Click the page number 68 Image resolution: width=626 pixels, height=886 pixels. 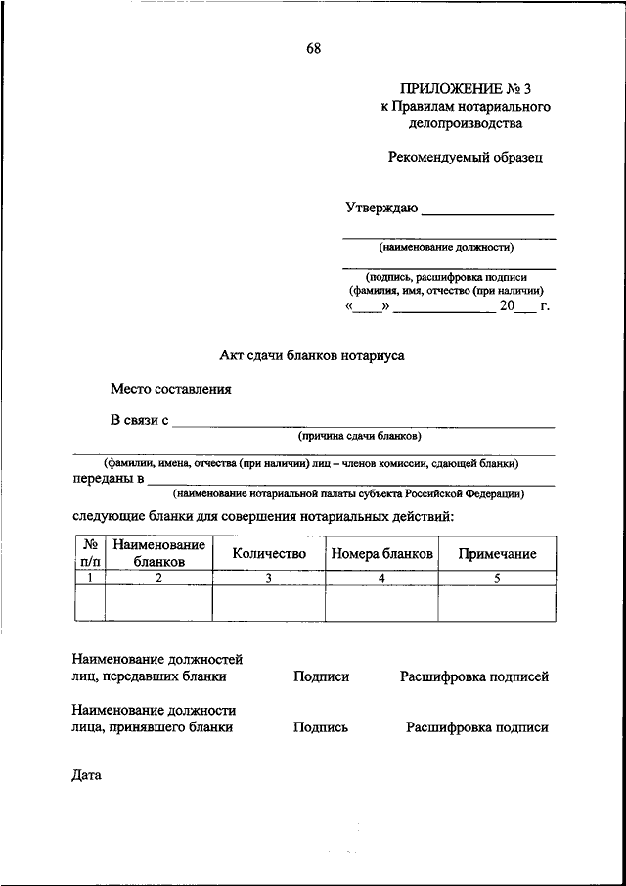(x=313, y=47)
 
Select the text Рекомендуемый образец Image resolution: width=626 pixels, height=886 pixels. (x=465, y=156)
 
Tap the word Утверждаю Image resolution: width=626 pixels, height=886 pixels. (x=381, y=209)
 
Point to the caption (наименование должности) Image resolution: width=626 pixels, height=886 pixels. (x=448, y=248)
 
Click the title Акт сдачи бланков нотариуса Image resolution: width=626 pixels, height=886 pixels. (x=311, y=356)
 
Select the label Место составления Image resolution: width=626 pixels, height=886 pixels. (x=171, y=389)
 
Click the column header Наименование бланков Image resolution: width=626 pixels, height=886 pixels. (x=158, y=553)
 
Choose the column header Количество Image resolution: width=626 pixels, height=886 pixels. (x=269, y=553)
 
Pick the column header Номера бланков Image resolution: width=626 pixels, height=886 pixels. (x=381, y=553)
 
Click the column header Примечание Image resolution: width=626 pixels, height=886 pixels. (x=497, y=553)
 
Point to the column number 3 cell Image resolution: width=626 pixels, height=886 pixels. (x=269, y=578)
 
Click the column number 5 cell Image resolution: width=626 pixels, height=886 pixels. (x=497, y=578)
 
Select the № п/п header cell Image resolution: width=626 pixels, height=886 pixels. (x=89, y=553)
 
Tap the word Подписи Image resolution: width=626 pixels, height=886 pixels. (x=321, y=676)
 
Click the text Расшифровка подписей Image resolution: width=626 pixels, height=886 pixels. (x=473, y=676)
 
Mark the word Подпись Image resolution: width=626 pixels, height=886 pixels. (x=320, y=727)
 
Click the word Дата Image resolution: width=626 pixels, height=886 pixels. (x=87, y=776)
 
